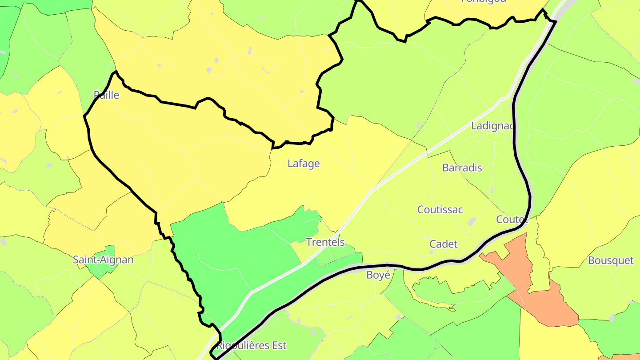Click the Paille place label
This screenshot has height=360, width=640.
(106, 95)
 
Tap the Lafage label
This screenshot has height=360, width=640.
(304, 164)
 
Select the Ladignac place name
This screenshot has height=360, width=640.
(492, 126)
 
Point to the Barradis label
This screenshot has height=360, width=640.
(462, 168)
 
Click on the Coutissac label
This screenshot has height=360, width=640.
(440, 210)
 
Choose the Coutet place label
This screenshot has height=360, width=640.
(512, 220)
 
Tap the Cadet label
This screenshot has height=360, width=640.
(443, 244)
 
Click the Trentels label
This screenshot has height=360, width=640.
(325, 242)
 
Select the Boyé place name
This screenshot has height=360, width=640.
(378, 275)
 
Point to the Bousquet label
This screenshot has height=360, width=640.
(611, 260)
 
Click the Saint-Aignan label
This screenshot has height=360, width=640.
(103, 260)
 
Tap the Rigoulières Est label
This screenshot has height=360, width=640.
(252, 345)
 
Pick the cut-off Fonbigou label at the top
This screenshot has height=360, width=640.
(483, 1)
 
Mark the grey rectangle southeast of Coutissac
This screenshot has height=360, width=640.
(472, 221)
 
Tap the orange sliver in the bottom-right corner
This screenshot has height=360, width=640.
(622, 357)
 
